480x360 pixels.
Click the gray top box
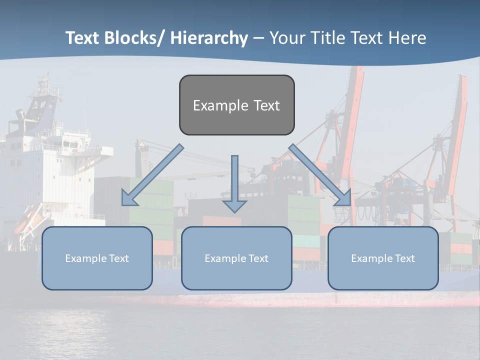[236, 105]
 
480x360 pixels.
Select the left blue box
[97, 258]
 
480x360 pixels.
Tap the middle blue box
[236, 258]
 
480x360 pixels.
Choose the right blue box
[383, 258]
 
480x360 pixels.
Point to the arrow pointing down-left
[152, 175]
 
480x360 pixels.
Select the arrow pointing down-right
[320, 175]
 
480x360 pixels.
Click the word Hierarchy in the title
[209, 38]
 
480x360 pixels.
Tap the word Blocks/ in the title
[133, 38]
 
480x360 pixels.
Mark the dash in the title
[258, 38]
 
